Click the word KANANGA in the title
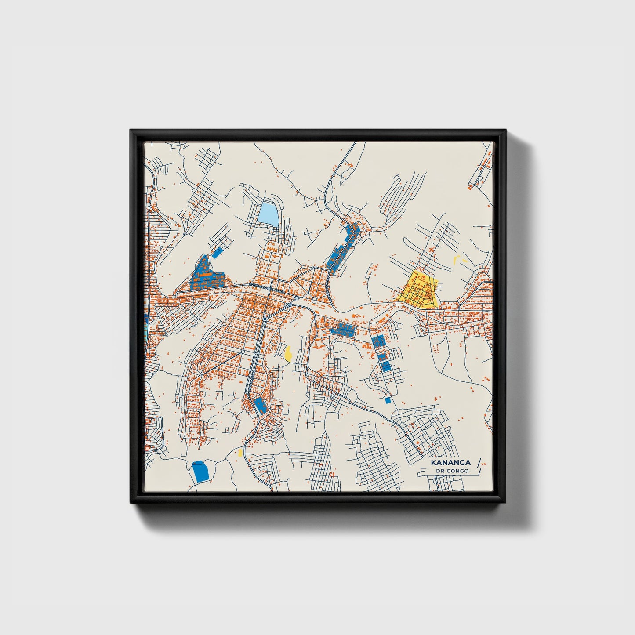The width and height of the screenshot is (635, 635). [x=450, y=463]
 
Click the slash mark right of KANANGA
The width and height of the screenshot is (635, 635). [x=479, y=462]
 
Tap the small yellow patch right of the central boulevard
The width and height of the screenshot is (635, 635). [x=288, y=353]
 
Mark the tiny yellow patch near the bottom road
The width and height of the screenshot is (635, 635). [x=240, y=452]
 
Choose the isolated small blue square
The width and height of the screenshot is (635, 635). [x=388, y=400]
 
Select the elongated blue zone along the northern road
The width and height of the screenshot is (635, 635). [x=343, y=249]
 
